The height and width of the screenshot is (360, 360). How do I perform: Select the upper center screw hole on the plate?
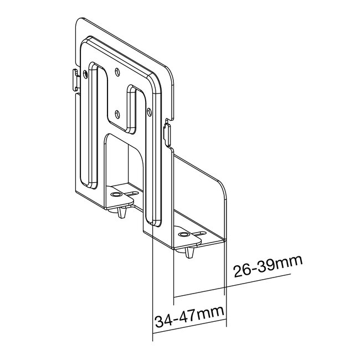point(117,71)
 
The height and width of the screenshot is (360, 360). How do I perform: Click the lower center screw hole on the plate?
point(117,112)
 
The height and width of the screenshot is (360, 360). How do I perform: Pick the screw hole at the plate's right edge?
point(149,111)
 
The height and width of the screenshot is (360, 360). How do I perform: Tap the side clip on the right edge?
point(167,132)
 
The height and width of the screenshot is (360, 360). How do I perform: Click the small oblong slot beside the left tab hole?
point(132,193)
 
